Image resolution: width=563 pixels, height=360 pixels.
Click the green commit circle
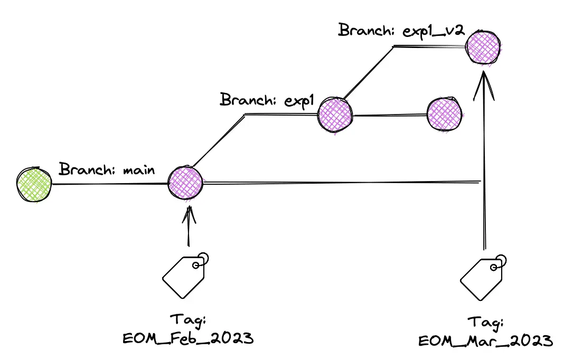pos(34,184)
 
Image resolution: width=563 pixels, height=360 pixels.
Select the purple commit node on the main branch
pos(185,183)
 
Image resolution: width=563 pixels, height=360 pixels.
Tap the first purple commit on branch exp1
pos(335,115)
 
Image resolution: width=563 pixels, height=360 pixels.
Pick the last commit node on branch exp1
pos(445,115)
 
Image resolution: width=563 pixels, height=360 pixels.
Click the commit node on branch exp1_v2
pos(483,48)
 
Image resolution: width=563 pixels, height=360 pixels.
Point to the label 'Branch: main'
pos(107,169)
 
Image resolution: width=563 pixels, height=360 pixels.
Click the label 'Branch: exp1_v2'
pos(401,30)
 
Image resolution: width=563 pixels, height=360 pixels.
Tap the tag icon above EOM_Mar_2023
pos(483,278)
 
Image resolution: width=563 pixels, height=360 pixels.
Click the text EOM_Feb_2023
pos(188,338)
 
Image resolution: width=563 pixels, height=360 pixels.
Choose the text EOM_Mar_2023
pos(485,340)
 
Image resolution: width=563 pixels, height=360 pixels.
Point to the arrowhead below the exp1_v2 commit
pos(484,86)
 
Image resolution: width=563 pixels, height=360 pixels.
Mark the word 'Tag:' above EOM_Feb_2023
pos(188,320)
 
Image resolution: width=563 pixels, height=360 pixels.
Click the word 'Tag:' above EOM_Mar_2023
pos(485,323)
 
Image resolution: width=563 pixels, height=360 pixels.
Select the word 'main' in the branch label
pos(139,170)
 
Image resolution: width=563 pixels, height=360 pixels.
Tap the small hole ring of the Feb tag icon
pos(196,265)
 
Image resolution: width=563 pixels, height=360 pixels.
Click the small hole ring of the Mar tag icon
pos(494,268)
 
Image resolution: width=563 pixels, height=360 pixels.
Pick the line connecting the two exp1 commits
pos(390,115)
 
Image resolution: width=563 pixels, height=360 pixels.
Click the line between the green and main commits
pos(110,184)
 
